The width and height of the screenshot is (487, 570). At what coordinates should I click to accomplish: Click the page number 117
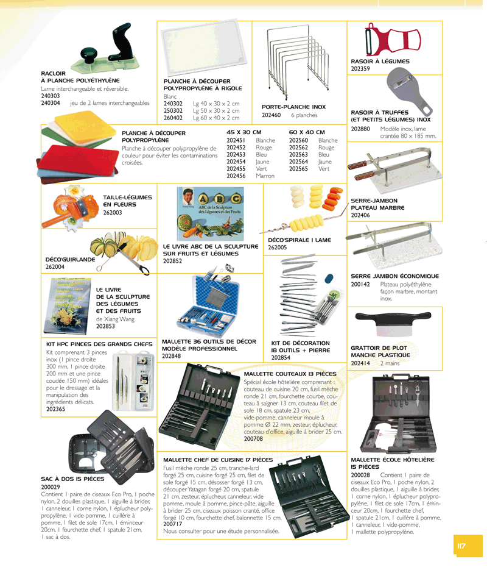point(461,546)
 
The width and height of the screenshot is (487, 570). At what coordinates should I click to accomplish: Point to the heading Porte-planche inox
point(289,107)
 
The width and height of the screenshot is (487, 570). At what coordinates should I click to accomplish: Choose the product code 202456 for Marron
point(236,176)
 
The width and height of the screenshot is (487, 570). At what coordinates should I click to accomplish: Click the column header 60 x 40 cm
point(307,132)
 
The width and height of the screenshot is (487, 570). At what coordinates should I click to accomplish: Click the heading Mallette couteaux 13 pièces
point(290,374)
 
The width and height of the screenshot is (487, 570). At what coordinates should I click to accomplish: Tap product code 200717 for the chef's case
point(173,524)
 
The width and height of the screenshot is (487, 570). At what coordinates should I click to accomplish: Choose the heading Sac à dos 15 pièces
point(72,479)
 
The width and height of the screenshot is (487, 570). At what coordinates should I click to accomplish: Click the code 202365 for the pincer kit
point(57,410)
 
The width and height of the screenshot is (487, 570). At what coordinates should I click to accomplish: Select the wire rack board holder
point(294,58)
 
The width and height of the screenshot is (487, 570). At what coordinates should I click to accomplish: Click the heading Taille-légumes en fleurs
point(127,201)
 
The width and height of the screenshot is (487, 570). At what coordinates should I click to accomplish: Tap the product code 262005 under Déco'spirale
point(277,248)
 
